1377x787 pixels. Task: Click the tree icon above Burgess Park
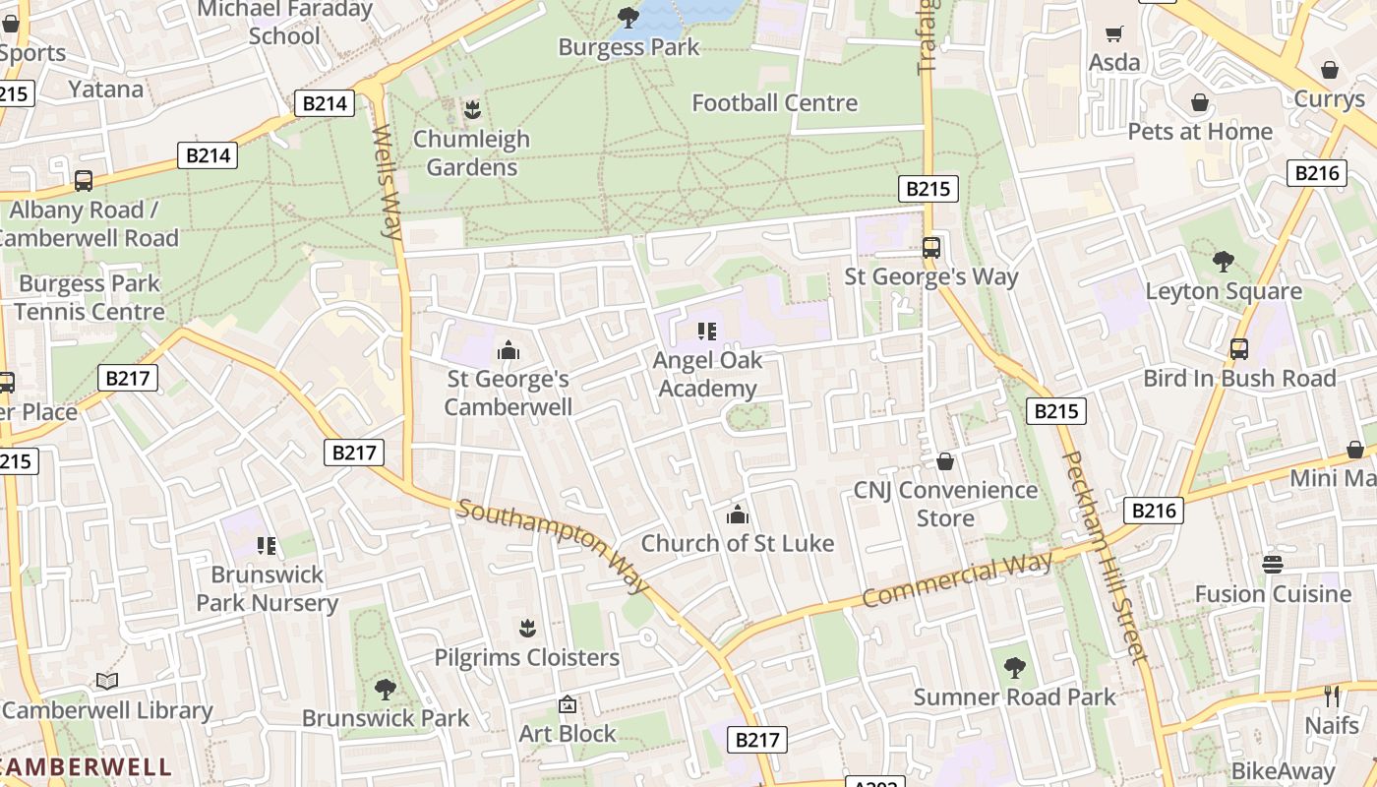(x=628, y=17)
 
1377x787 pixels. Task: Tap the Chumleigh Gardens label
(x=471, y=152)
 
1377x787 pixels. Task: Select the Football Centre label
(x=774, y=102)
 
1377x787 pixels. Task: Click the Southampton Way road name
(x=554, y=546)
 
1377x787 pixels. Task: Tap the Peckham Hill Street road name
(x=1106, y=556)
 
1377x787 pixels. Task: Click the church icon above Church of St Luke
(x=737, y=515)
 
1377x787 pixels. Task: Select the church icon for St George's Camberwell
(x=508, y=349)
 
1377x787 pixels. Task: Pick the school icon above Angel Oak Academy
(x=707, y=332)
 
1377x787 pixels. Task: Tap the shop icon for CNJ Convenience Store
(x=945, y=460)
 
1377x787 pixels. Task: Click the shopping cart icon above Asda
(x=1113, y=34)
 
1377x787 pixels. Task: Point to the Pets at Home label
(x=1199, y=131)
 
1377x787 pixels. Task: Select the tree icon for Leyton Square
(x=1223, y=262)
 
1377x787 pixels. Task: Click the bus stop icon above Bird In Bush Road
(x=1238, y=348)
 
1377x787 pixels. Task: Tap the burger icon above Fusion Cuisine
(x=1273, y=564)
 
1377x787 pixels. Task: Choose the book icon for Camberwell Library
(x=107, y=681)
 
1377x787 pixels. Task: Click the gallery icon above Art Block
(x=568, y=704)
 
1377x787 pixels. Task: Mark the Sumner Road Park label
(x=1014, y=696)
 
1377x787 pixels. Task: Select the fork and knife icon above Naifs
(x=1332, y=696)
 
